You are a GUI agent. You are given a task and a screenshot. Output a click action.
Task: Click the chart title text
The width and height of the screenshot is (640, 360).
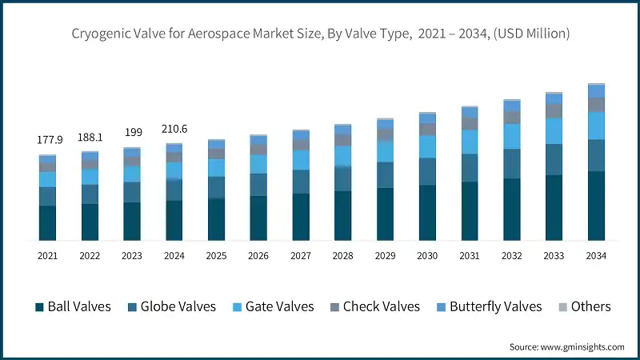[320, 34]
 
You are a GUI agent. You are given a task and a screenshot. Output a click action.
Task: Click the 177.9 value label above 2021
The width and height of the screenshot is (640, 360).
[48, 140]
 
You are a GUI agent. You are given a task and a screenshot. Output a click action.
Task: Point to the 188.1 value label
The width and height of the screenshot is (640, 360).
[90, 137]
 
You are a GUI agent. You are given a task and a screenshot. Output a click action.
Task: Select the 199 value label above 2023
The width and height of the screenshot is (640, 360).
[132, 131]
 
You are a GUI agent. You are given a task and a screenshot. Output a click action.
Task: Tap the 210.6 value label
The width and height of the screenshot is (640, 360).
[174, 128]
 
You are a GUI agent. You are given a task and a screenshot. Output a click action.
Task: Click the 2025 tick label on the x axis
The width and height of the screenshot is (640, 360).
[216, 256]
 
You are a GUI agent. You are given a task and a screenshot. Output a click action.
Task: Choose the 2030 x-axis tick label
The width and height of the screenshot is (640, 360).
[427, 256]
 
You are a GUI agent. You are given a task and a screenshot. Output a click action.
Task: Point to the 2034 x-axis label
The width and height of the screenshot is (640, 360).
[596, 256]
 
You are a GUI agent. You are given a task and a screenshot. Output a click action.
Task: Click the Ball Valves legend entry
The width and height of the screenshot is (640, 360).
[72, 306]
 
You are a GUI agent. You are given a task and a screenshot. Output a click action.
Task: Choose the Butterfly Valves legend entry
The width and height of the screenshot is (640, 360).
[487, 306]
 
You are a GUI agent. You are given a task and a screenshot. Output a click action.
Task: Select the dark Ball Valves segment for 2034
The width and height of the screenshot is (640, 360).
[596, 206]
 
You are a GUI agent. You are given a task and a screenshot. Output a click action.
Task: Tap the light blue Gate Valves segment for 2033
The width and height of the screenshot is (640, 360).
[554, 130]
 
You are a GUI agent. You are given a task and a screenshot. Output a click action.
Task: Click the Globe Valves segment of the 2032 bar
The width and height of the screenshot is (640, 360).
[511, 163]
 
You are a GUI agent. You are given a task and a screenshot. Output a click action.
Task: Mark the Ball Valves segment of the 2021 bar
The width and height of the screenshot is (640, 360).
[48, 222]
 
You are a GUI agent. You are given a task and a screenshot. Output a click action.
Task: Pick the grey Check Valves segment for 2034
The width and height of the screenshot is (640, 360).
[596, 105]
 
